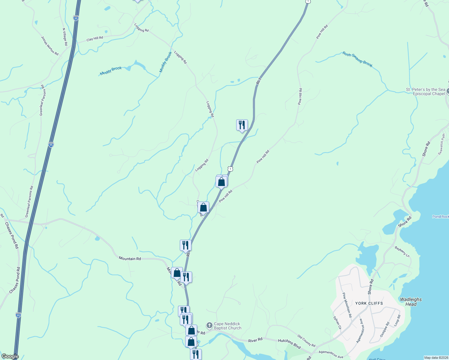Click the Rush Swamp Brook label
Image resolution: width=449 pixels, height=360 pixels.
[357, 59]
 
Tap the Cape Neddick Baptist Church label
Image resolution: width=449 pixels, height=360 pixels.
[228, 326]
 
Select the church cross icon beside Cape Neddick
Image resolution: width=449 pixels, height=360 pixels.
[209, 325]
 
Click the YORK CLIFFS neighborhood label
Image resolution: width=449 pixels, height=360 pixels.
[369, 303]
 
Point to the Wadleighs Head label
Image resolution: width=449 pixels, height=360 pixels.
[411, 302]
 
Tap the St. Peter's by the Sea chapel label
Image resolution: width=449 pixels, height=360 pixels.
[426, 91]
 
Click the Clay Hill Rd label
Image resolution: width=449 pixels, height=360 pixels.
[95, 39]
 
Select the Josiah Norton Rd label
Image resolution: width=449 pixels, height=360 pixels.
[50, 46]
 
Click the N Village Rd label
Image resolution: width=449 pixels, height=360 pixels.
[65, 37]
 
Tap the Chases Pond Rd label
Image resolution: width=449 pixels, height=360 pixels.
[12, 235]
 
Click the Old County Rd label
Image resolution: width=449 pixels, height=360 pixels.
[306, 340]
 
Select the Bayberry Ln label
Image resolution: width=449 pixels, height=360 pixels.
[402, 252]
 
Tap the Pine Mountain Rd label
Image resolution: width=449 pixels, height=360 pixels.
[347, 305]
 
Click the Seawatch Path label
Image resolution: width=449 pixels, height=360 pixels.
[441, 144]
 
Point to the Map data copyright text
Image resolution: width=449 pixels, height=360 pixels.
[435, 358]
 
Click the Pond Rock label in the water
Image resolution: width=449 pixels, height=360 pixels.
[440, 217]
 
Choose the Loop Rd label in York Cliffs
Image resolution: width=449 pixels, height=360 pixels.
[397, 320]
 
